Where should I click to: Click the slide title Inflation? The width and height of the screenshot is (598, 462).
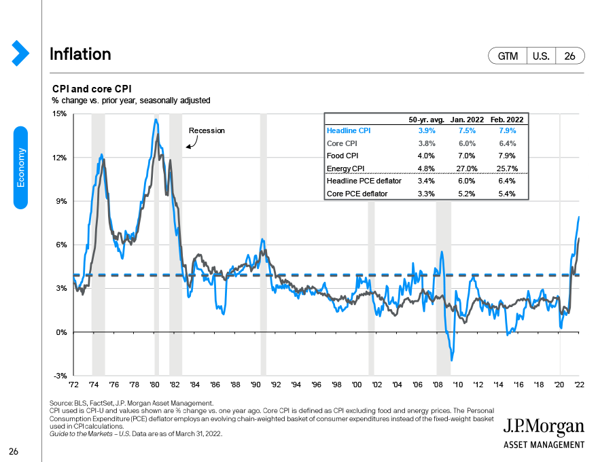[x=80, y=54]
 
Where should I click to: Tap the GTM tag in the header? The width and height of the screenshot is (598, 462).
[x=508, y=56]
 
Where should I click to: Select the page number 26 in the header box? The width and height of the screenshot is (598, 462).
[x=569, y=56]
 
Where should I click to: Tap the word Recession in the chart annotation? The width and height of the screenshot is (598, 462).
[x=207, y=130]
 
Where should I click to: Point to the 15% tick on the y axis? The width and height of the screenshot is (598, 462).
[x=60, y=114]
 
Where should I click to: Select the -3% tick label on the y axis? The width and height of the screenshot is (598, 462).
[x=60, y=376]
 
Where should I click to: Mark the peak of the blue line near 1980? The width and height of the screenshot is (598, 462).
[x=156, y=120]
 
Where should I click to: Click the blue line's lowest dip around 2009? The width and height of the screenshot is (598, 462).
[x=451, y=360]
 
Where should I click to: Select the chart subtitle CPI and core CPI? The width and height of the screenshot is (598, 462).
[x=92, y=89]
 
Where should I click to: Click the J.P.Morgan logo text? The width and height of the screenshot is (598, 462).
[x=544, y=427]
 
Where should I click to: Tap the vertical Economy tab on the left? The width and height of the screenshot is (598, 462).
[x=21, y=167]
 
